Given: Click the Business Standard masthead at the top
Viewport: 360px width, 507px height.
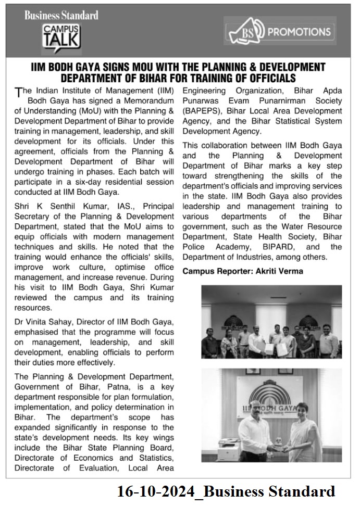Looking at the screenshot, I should [x=61, y=15].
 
